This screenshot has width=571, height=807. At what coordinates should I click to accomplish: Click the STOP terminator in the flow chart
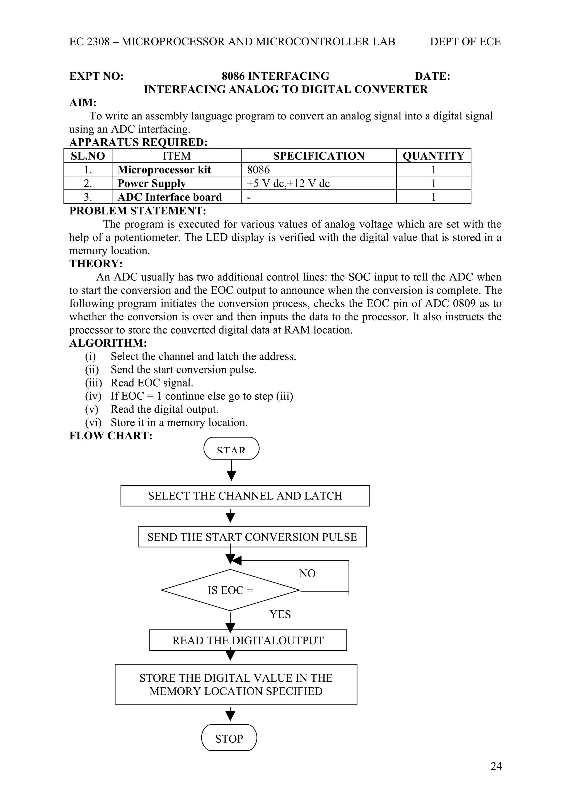point(229,738)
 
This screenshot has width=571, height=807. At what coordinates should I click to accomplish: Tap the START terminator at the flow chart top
point(231,449)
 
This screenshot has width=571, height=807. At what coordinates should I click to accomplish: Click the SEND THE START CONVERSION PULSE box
point(252,537)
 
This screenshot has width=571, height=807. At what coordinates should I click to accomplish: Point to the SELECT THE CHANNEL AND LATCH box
point(245,496)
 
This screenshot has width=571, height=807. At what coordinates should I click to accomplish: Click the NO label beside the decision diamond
point(307,573)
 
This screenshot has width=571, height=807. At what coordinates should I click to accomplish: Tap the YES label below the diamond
point(280,614)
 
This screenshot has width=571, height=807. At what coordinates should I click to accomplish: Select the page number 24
point(496,766)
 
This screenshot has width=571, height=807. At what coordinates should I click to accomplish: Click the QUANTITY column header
point(434,156)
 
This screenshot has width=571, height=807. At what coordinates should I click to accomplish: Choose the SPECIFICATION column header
point(319,156)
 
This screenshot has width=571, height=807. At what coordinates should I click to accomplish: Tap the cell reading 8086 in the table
point(258,169)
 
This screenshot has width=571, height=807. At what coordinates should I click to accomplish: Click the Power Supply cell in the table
point(152,183)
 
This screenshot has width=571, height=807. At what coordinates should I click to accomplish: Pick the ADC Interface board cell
point(170,197)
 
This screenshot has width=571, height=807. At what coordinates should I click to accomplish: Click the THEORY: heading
point(96,264)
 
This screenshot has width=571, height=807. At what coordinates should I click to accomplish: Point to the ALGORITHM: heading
point(108,343)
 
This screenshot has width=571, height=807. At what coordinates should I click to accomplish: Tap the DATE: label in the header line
point(432,76)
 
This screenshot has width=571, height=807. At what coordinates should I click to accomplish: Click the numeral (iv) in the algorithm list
point(93,396)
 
